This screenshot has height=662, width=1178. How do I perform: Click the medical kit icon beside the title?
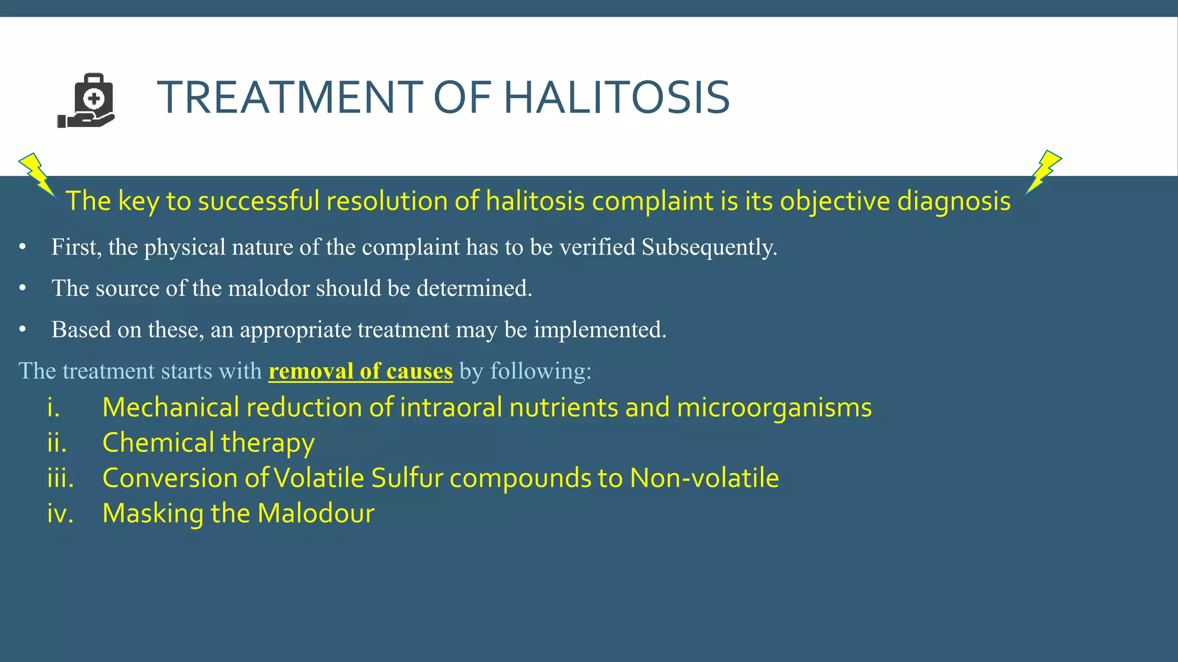(x=87, y=101)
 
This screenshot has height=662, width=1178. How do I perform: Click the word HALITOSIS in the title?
(x=617, y=97)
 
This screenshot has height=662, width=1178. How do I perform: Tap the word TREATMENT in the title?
(x=290, y=97)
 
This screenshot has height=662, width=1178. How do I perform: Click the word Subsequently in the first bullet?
(x=709, y=247)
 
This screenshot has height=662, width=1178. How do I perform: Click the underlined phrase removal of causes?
(x=361, y=371)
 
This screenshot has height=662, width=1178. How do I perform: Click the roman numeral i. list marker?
(x=53, y=407)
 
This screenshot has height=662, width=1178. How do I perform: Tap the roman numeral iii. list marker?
(x=60, y=478)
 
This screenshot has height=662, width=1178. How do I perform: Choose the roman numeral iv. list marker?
(x=60, y=514)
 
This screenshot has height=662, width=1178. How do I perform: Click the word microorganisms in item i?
(x=774, y=407)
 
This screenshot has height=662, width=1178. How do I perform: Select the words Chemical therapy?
(x=208, y=443)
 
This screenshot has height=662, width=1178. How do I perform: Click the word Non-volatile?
(x=704, y=478)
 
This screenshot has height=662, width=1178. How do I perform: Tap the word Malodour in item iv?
(x=316, y=514)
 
